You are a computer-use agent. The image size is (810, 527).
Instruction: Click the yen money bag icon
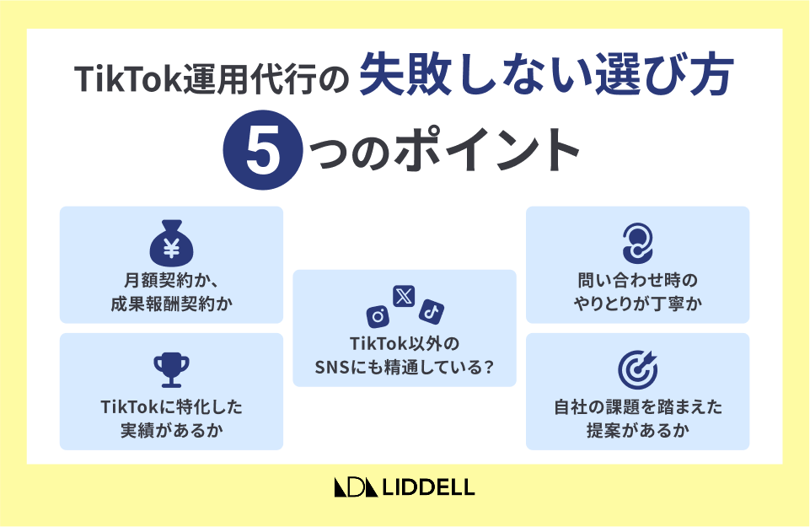171,244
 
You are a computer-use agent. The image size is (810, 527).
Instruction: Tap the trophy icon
171,370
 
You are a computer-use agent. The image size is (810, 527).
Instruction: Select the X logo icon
404,297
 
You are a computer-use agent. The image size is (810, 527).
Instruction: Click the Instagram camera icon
378,315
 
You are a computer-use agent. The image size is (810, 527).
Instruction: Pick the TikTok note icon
432,311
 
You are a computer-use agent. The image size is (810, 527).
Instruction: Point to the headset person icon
637,244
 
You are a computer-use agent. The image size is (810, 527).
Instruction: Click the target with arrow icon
638,370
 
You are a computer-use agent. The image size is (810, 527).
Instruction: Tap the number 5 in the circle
263,150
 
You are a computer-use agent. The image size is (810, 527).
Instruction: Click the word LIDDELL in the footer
428,487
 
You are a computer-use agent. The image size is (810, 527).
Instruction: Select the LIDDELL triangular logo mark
357,487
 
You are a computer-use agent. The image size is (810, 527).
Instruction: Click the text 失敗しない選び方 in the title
546,76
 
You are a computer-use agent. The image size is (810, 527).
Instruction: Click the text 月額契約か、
171,281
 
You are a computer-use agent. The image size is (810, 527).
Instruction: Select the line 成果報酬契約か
171,304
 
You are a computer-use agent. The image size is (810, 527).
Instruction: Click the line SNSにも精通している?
405,368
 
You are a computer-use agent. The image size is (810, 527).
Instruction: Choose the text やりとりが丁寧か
638,304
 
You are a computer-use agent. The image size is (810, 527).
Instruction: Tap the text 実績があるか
171,430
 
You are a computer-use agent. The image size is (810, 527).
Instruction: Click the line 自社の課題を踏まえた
638,407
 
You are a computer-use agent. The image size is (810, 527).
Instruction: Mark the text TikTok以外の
405,344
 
